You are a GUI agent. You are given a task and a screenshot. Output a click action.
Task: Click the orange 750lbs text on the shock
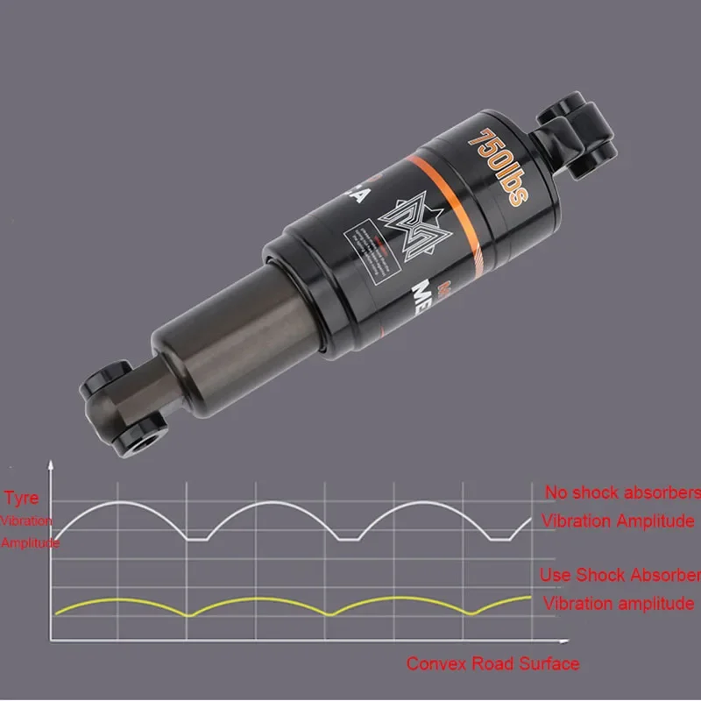498,166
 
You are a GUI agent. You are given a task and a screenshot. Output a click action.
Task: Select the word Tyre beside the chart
22,499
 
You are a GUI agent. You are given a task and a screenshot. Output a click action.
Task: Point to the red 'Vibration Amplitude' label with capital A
618,520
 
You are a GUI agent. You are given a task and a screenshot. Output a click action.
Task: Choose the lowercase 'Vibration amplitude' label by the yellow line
619,603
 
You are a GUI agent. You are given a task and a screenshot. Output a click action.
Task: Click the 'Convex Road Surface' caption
493,663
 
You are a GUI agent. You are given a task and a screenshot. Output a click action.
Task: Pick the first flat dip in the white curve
198,540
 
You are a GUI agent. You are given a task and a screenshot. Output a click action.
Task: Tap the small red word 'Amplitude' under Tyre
30,543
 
